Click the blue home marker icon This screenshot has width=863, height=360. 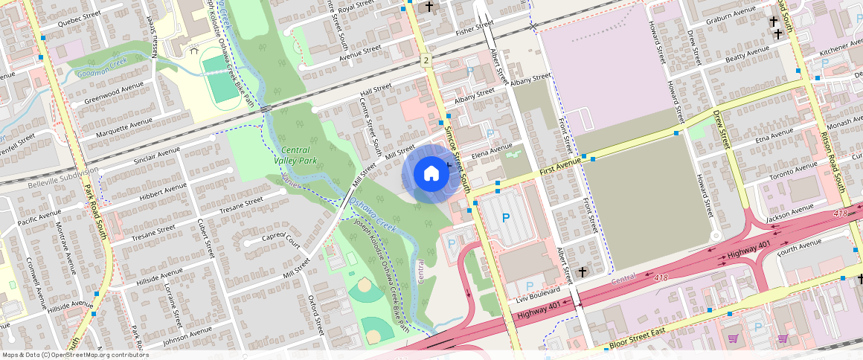(x=431, y=174)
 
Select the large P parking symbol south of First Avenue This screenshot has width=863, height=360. (x=506, y=218)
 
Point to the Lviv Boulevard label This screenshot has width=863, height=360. (x=538, y=296)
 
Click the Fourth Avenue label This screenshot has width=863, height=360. (x=800, y=247)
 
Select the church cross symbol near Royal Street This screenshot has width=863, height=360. (x=429, y=7)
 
